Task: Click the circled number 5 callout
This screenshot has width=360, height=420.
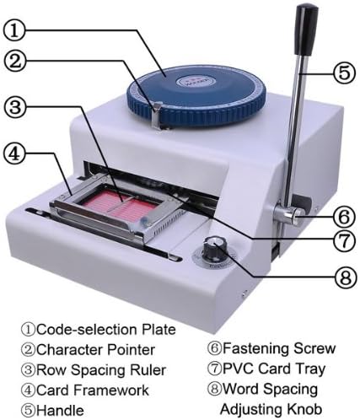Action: pos(341,72)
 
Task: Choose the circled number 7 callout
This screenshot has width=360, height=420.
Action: pos(341,240)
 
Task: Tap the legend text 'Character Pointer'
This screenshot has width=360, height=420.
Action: pos(89,349)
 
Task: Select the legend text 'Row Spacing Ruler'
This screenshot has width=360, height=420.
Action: pos(92,369)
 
